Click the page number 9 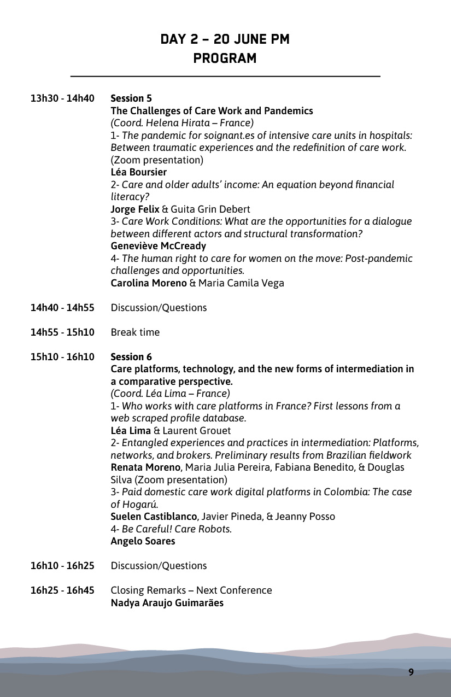pos(411,672)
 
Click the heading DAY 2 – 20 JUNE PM pos(225,39)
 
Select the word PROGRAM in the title pos(225,58)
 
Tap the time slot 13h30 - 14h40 pos(62,98)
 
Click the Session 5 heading pos(131,98)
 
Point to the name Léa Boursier pos(138,172)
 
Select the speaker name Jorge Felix pos(134,209)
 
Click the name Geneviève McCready pos(159,246)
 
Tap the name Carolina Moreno pos(149,283)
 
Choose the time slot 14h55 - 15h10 pos(62,332)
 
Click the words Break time pos(135,332)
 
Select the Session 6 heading pos(131,357)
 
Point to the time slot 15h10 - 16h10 pos(62,357)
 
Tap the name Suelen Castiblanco pos(154,516)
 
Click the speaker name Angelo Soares pos(143,541)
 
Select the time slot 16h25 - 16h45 pos(62,590)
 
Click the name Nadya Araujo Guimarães pos(167,603)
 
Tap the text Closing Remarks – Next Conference pos(191,590)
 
